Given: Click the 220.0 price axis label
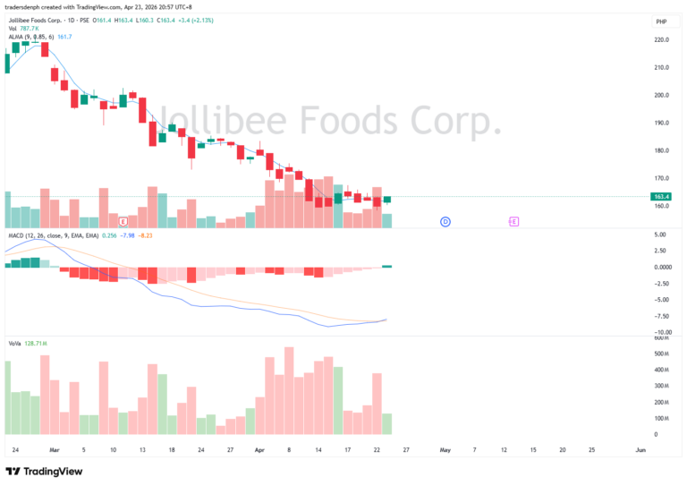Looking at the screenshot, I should coord(662,39).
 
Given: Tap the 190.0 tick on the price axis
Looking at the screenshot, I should coord(662,123).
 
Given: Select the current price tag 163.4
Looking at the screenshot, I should coord(663,197).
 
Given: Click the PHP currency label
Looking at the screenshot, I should coord(662,21).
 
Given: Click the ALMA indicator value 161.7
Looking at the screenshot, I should coord(64,37).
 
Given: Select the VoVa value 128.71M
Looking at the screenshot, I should coord(37,344).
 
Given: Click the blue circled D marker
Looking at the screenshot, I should coord(445,221).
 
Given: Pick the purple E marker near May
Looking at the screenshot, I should coord(513,221).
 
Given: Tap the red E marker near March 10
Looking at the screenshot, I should coord(123,221).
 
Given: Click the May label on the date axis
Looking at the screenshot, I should coord(445,450).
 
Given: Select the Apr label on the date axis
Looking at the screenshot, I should coord(259,450).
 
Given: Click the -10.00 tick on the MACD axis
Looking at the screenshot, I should coord(662,331).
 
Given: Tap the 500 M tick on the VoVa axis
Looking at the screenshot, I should coord(662,354).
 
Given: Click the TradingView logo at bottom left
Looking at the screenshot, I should coord(44,472).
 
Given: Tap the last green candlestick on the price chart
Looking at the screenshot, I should coord(386,199).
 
